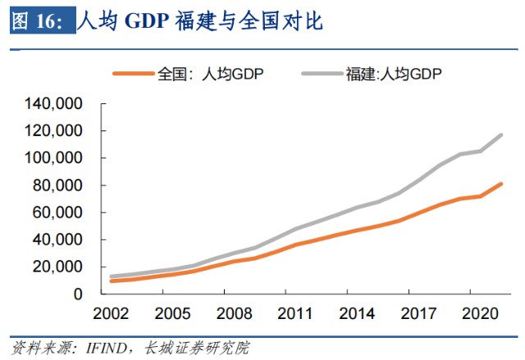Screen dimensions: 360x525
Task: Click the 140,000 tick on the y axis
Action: (x=56, y=104)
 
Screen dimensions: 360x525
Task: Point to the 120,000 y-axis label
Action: (x=56, y=131)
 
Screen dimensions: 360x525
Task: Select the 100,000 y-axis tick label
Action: (x=56, y=158)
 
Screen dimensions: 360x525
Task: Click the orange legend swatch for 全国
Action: (x=133, y=74)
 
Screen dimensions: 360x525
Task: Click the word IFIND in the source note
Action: (x=107, y=348)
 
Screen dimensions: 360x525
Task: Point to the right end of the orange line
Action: (x=501, y=184)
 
